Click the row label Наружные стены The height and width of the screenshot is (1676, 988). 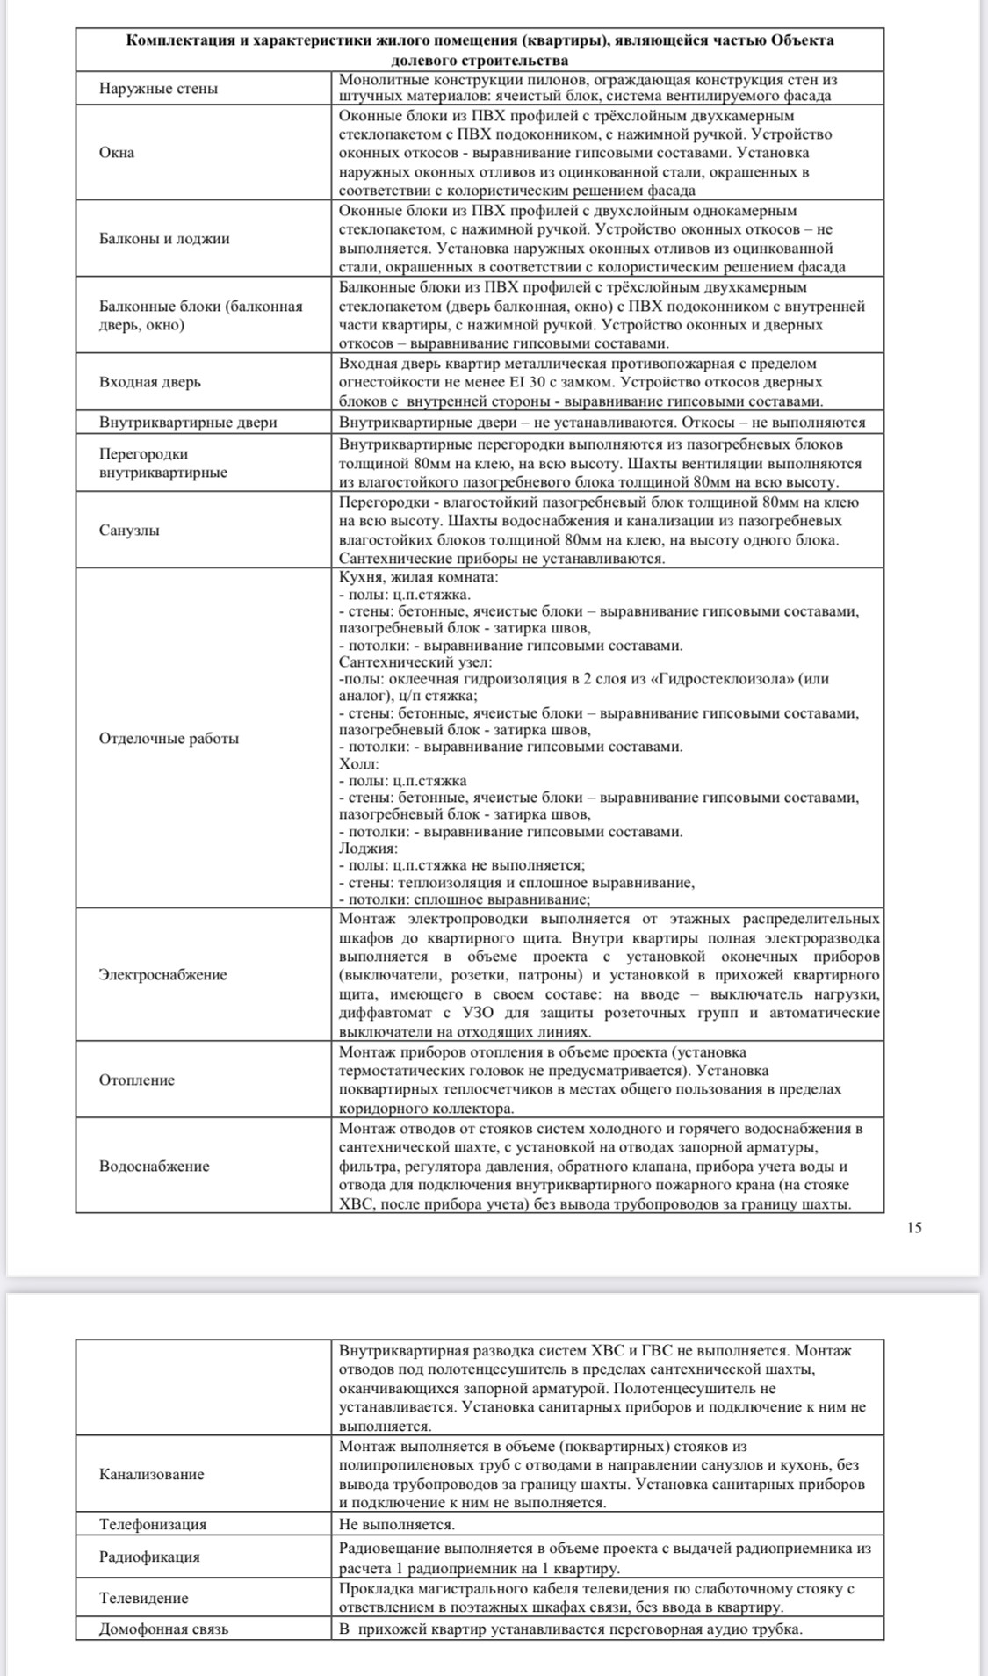[x=158, y=89]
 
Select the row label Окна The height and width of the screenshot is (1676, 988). [x=117, y=153]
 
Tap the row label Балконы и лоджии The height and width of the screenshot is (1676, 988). [x=164, y=239]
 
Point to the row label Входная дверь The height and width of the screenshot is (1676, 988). [x=149, y=382]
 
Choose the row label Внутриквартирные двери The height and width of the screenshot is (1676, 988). [x=188, y=423]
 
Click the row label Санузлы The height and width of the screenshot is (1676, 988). [x=129, y=531]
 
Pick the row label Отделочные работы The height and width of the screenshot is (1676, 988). [x=169, y=739]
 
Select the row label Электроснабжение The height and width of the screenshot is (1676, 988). [x=162, y=975]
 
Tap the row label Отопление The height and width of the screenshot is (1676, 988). [x=137, y=1080]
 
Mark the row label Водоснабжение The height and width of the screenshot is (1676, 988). [x=154, y=1167]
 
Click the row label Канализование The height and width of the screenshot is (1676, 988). [x=151, y=1475]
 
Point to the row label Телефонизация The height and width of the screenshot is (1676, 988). [x=153, y=1525]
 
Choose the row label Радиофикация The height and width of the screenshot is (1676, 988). [x=149, y=1557]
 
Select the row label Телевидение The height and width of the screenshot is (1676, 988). [x=143, y=1599]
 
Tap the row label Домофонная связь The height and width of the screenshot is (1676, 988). [x=163, y=1629]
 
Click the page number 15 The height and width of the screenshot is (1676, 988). [x=914, y=1228]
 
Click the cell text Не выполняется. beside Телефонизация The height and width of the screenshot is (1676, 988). [x=397, y=1525]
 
